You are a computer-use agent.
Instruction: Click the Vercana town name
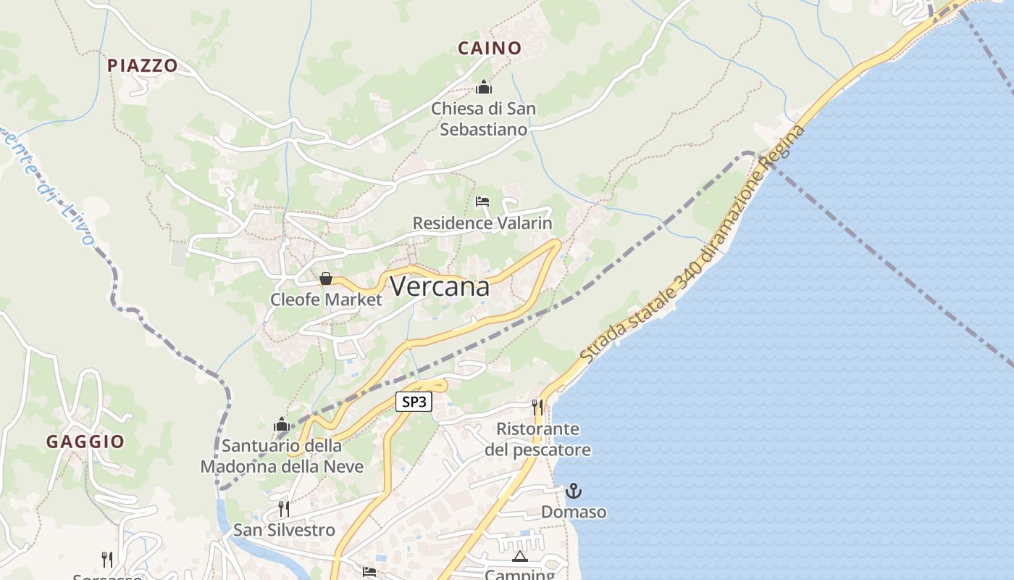pos(440,287)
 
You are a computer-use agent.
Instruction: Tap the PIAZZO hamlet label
pos(143,65)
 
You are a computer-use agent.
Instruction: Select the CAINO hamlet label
pos(490,49)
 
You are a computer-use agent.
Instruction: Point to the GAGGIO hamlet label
pos(85,442)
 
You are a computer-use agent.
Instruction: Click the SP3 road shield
pos(414,402)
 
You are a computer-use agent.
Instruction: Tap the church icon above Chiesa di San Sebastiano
pos(484,88)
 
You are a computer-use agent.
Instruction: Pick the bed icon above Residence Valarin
pos(482,202)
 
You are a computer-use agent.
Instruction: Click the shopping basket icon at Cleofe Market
pos(326,278)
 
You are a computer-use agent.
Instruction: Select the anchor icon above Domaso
pos(574,491)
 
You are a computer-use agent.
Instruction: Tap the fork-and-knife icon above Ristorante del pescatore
pos(537,407)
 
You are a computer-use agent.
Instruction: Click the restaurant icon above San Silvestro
pos(284,508)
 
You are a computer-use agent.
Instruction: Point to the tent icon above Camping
pos(519,556)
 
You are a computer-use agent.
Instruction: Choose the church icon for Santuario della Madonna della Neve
pos(282,424)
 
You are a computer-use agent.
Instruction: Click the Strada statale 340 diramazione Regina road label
pos(692,244)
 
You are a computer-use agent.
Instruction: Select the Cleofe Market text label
pos(326,299)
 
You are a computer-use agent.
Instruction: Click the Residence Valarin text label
pos(482,223)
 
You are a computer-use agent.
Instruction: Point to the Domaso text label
pos(574,512)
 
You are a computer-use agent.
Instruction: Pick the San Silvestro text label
pos(284,530)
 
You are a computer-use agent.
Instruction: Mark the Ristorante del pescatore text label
pos(537,439)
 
